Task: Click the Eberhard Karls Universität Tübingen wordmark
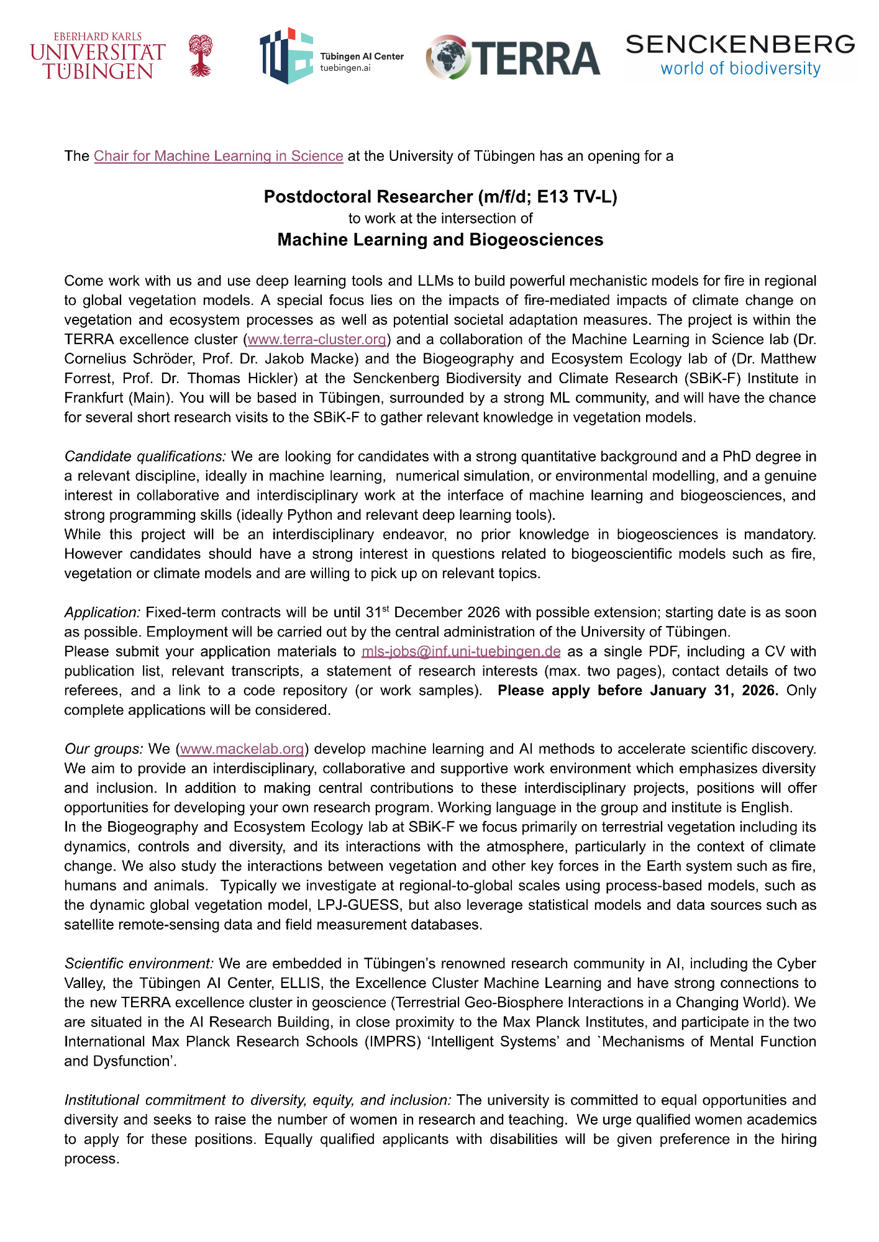[x=98, y=57]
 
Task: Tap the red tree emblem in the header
[x=200, y=55]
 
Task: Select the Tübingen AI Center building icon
[x=286, y=56]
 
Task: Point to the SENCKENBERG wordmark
[x=740, y=45]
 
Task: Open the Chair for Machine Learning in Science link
[x=219, y=156]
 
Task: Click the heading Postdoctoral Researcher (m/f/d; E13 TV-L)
[x=440, y=197]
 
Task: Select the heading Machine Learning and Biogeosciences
[x=440, y=240]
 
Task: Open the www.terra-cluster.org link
[x=317, y=340]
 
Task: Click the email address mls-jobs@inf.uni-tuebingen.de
[x=461, y=651]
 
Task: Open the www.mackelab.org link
[x=242, y=749]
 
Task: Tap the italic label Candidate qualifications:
[x=145, y=456]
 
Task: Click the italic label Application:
[x=102, y=612]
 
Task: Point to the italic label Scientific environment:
[x=139, y=963]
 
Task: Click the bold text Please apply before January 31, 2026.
[x=638, y=691]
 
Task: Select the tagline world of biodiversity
[x=740, y=68]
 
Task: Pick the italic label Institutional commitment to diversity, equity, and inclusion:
[x=258, y=1100]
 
